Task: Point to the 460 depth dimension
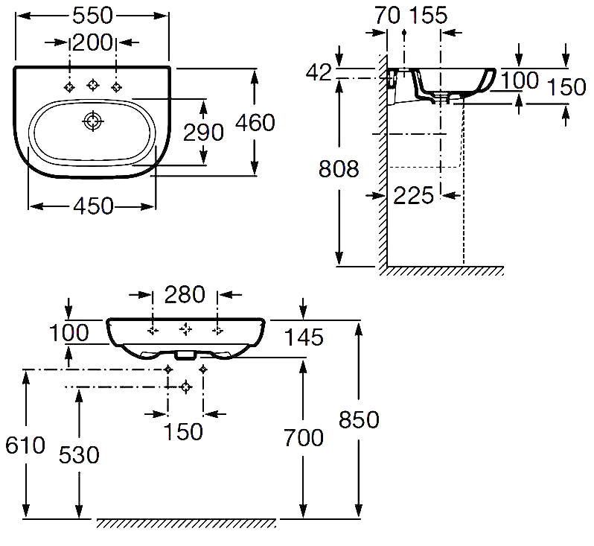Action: [x=254, y=122]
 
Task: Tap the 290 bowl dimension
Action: [x=203, y=132]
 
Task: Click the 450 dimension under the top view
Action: [x=92, y=205]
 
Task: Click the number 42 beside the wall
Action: [x=319, y=72]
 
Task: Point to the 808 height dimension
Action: [x=339, y=169]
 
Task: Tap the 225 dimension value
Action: [x=412, y=195]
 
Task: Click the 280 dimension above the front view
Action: [x=185, y=295]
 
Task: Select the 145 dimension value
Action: [x=303, y=338]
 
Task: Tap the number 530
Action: [x=79, y=454]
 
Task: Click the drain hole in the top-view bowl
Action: [x=92, y=120]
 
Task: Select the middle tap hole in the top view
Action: [x=92, y=86]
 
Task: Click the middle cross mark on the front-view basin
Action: [x=185, y=328]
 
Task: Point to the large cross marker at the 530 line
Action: [x=185, y=387]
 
